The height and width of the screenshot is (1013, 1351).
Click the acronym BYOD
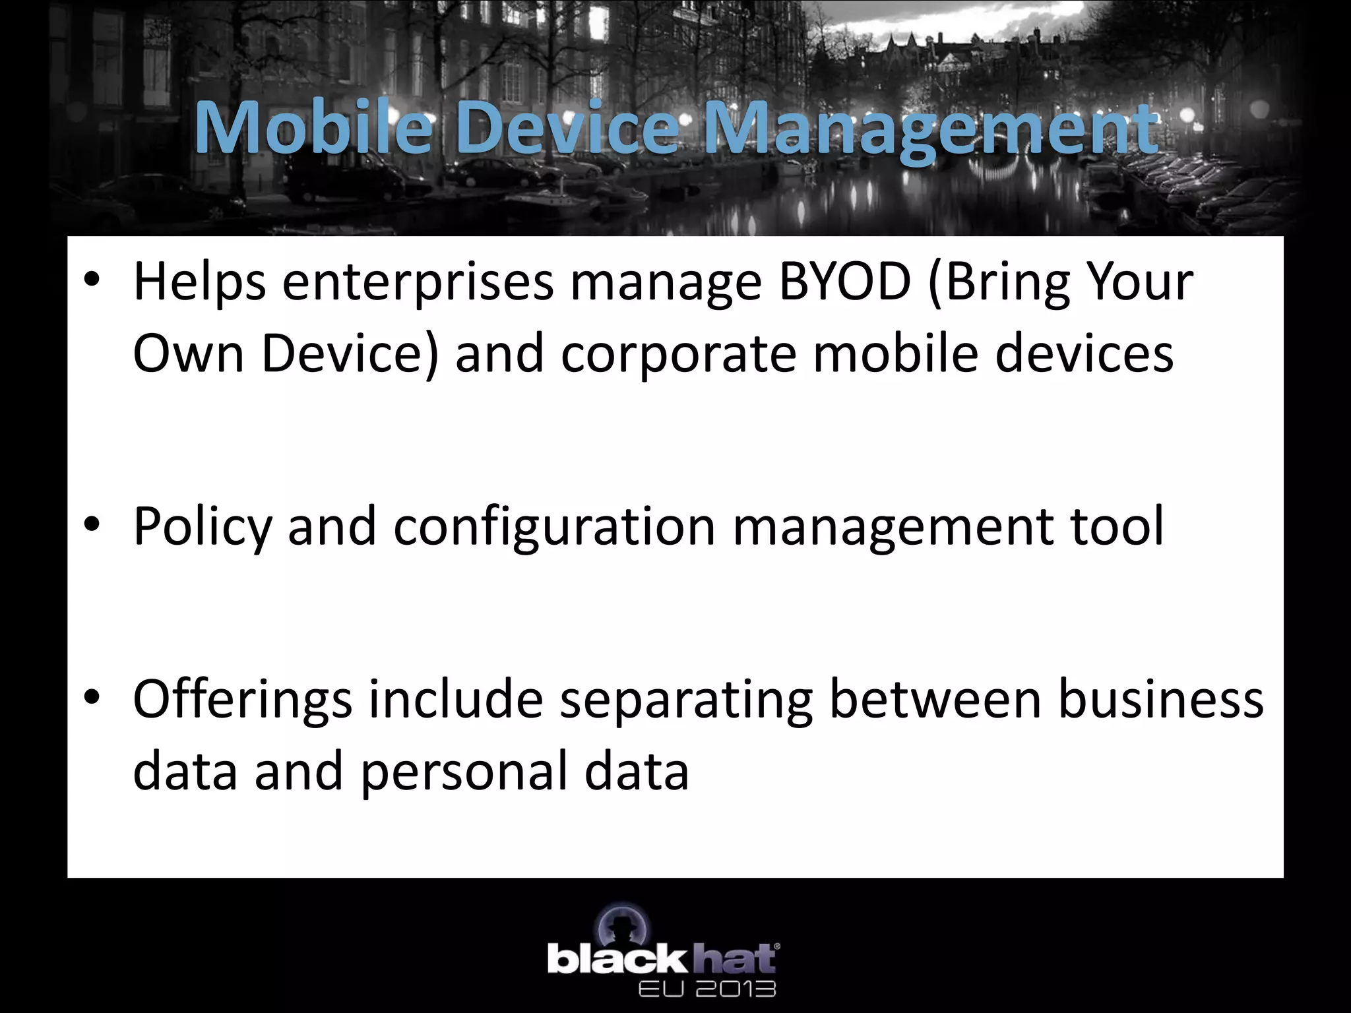[845, 282]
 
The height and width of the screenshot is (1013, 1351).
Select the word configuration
[555, 528]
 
